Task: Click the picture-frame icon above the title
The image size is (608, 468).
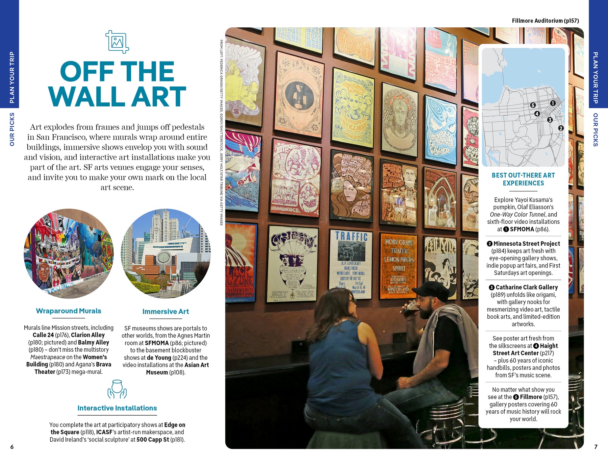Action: coord(117,42)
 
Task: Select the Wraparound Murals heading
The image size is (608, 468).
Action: coord(69,311)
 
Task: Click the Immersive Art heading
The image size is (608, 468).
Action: coord(166,312)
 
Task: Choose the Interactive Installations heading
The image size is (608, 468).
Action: coord(117,408)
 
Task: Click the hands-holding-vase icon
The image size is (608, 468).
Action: coord(117,389)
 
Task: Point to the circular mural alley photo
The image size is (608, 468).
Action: coord(69,253)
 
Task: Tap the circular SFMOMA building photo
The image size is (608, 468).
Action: coord(166,253)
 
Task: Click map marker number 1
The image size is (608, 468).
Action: coord(553,103)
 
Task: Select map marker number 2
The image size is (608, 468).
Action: coord(561,128)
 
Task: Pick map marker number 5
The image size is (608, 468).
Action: coord(533,105)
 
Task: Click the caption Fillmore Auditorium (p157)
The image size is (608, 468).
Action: coord(545,21)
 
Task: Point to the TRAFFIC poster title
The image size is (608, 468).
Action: coord(351,237)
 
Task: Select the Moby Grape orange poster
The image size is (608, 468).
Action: coord(399,265)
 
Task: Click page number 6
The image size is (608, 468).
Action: coord(12,447)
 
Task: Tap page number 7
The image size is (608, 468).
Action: coord(596,447)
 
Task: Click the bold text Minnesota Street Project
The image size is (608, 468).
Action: coord(526,244)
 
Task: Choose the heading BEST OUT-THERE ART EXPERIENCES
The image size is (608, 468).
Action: coord(523,179)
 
